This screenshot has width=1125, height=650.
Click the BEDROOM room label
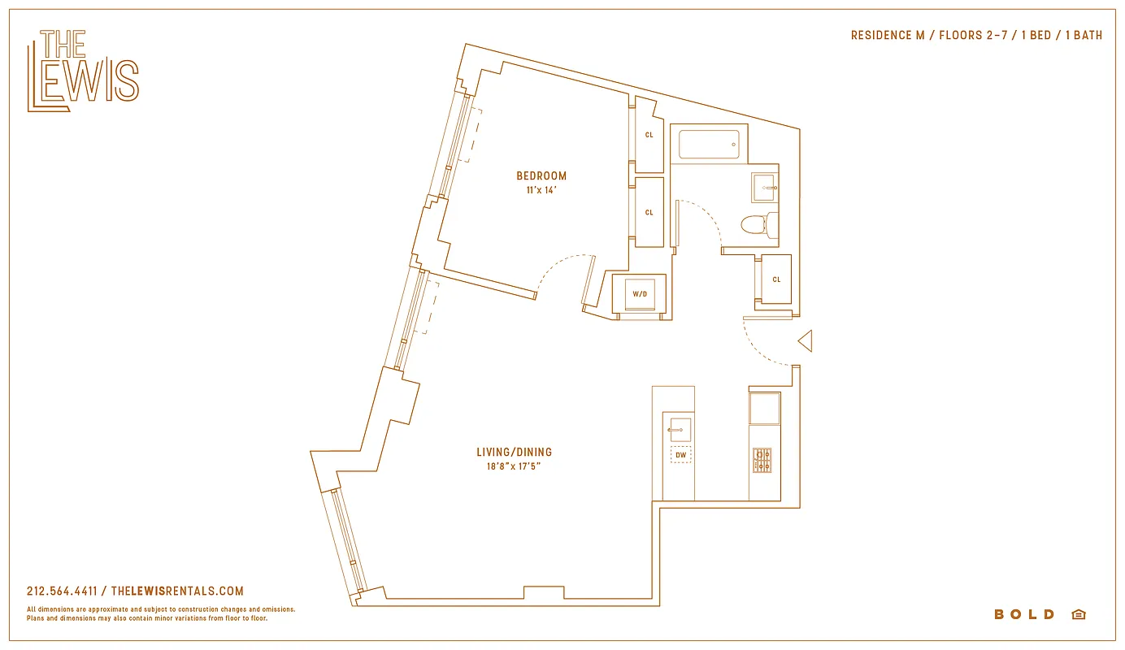pyautogui.click(x=541, y=175)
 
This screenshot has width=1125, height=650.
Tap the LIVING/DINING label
pyautogui.click(x=514, y=453)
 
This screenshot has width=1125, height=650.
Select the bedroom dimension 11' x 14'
pyautogui.click(x=541, y=191)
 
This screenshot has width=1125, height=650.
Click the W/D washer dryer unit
pyautogui.click(x=640, y=293)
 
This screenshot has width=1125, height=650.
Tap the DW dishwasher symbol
pyautogui.click(x=680, y=455)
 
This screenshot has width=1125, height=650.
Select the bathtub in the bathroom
pyautogui.click(x=709, y=145)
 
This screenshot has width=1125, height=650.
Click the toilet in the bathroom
pyautogui.click(x=759, y=223)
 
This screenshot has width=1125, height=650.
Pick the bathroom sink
pyautogui.click(x=764, y=187)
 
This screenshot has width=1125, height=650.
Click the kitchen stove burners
pyautogui.click(x=762, y=460)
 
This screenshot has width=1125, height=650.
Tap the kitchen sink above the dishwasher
pyautogui.click(x=680, y=429)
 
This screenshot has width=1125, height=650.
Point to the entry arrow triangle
pyautogui.click(x=806, y=341)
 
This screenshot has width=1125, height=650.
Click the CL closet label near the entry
pyautogui.click(x=776, y=279)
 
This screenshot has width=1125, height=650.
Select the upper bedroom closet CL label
pyautogui.click(x=649, y=135)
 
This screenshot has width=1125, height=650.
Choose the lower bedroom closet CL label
pyautogui.click(x=649, y=213)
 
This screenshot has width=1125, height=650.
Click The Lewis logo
pyautogui.click(x=83, y=71)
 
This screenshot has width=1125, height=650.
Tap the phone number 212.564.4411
pyautogui.click(x=62, y=591)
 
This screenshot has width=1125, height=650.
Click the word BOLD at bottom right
pyautogui.click(x=1024, y=614)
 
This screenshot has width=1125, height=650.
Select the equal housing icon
pyautogui.click(x=1079, y=614)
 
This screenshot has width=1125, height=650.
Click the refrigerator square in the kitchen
pyautogui.click(x=764, y=408)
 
